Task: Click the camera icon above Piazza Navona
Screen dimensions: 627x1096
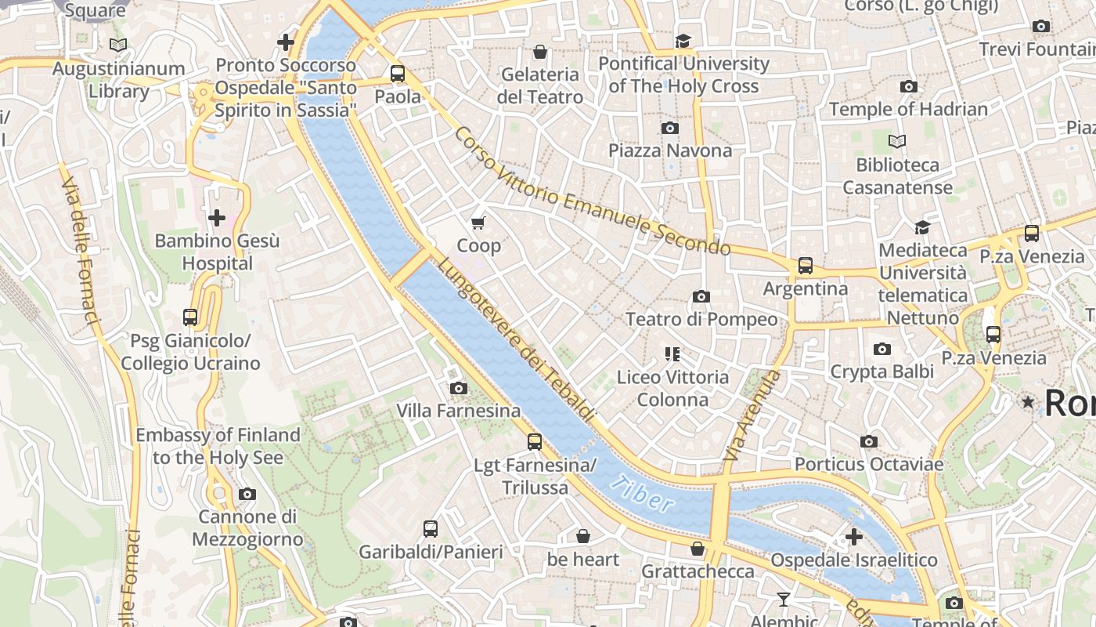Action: point(670,128)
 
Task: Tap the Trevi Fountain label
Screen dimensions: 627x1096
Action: point(1037,49)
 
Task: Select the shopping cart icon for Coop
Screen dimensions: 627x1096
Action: point(478,223)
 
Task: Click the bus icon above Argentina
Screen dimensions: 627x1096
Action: point(806,266)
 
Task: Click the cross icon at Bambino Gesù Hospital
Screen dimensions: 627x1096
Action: point(217,217)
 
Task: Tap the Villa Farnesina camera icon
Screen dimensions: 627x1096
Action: point(459,388)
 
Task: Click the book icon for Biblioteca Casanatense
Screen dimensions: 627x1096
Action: point(897,142)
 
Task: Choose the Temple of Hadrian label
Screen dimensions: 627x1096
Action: point(908,109)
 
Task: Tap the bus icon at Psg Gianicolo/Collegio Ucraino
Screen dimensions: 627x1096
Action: point(190,317)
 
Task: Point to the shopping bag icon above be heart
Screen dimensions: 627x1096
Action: point(583,536)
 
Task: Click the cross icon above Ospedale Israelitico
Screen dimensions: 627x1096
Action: point(854,537)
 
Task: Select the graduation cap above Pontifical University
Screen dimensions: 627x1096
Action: point(683,41)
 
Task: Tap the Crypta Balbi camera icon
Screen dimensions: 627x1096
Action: point(882,349)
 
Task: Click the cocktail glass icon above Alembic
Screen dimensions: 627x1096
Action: point(784,600)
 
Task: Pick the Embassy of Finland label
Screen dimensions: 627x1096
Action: point(218,446)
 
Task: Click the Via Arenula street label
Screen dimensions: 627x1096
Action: point(753,415)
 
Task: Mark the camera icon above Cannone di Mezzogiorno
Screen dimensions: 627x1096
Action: point(247,494)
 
